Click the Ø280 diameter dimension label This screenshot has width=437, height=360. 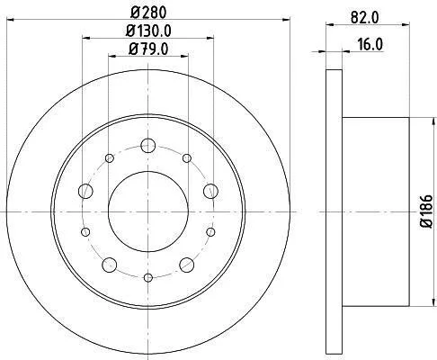point(148,13)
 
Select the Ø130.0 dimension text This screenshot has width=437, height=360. point(148,31)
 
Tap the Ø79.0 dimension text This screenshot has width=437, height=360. point(148,49)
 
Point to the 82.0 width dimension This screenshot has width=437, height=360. point(365,17)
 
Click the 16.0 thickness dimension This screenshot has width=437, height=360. point(370,44)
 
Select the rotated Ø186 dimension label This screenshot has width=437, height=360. point(426,211)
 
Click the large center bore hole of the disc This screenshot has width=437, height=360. point(148,211)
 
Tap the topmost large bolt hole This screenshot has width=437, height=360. point(148,146)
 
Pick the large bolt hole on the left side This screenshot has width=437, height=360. point(85,191)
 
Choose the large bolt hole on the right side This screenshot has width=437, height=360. point(210,191)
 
